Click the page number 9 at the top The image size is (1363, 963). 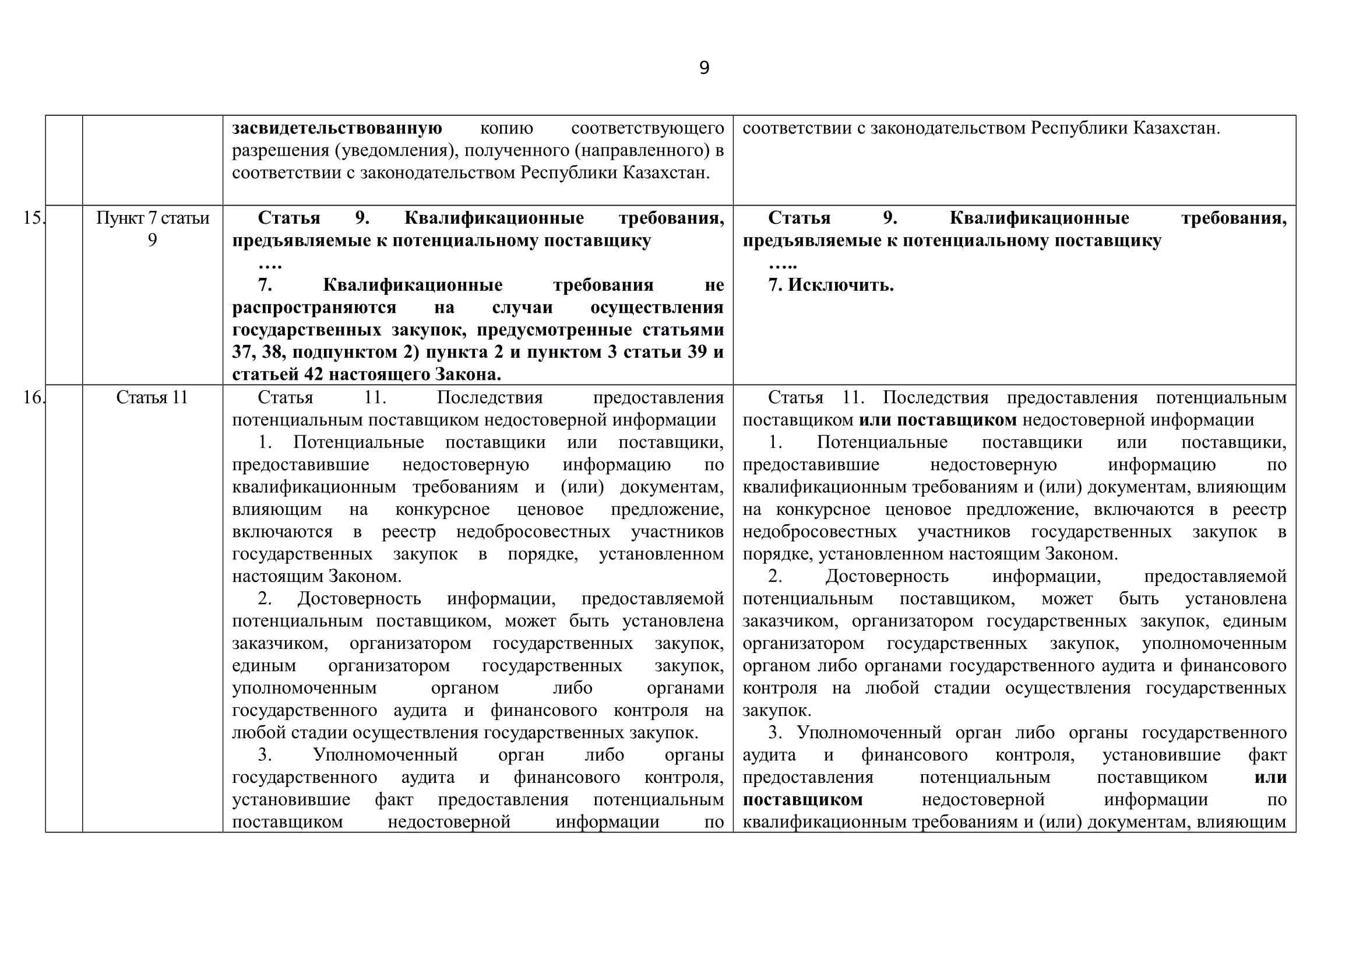[x=704, y=68]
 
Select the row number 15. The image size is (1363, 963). [x=33, y=218]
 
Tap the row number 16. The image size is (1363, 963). [x=33, y=397]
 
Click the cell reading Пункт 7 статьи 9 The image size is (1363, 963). [x=153, y=229]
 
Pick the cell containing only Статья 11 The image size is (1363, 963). [x=152, y=397]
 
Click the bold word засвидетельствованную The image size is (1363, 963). [x=337, y=128]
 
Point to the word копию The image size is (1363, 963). [x=506, y=128]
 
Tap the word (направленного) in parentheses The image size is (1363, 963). [x=642, y=151]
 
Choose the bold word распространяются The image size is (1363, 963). [x=314, y=308]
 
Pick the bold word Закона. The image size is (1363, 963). [x=469, y=375]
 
